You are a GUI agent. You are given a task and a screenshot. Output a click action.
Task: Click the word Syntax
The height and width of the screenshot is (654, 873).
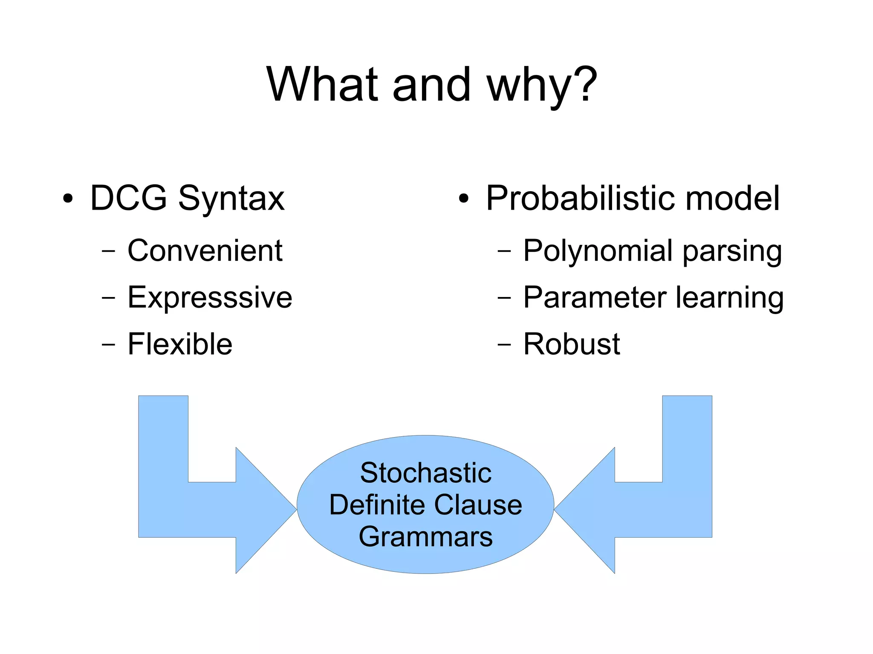click(x=231, y=199)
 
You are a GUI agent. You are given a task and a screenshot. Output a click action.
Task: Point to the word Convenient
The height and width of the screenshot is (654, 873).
click(x=205, y=251)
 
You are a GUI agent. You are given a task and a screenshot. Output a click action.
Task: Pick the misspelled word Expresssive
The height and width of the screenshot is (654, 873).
click(x=210, y=297)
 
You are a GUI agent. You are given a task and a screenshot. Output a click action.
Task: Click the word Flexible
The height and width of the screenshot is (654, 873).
click(x=180, y=344)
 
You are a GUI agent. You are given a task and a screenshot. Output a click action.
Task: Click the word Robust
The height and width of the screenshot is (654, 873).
click(x=571, y=344)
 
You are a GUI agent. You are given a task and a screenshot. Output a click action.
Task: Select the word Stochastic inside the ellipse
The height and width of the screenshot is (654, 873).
click(x=426, y=473)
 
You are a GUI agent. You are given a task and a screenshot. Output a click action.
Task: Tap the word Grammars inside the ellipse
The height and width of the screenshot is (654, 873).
click(x=426, y=536)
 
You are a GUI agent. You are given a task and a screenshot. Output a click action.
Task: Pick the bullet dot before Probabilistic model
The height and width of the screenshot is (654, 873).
click(x=464, y=199)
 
